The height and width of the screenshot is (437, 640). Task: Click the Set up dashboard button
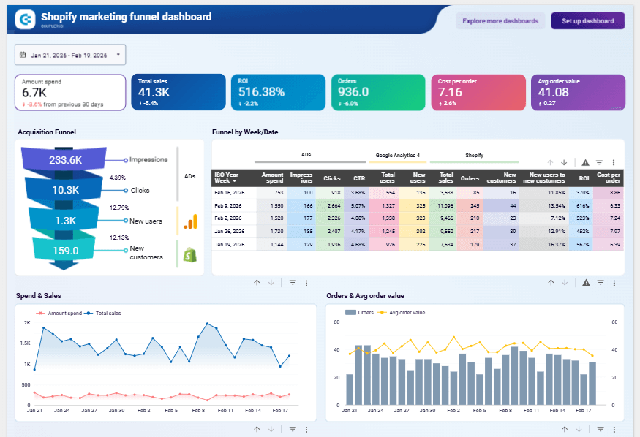(587, 21)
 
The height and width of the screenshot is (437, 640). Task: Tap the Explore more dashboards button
(500, 21)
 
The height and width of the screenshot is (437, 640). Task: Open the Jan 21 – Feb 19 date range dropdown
(70, 55)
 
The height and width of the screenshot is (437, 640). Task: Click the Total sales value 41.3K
(154, 92)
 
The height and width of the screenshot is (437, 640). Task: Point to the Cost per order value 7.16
(450, 92)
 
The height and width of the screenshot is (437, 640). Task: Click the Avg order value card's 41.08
(553, 92)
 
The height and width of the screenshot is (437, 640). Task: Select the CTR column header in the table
(358, 178)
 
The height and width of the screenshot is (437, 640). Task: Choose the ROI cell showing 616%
(582, 206)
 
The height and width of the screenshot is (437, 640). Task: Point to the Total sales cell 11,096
(445, 206)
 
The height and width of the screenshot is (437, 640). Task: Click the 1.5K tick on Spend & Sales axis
(26, 343)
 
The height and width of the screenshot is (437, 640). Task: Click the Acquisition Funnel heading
(47, 132)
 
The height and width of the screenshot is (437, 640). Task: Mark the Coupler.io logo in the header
(26, 20)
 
